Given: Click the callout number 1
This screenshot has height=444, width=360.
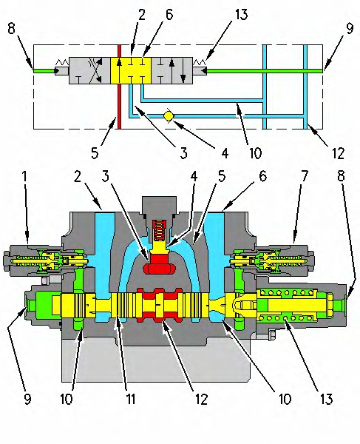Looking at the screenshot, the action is click(x=24, y=177).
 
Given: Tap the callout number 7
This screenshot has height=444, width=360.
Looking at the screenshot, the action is click(x=304, y=177).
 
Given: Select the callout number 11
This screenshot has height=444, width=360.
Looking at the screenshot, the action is click(x=130, y=400).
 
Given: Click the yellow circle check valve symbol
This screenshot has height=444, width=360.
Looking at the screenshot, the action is click(x=169, y=116).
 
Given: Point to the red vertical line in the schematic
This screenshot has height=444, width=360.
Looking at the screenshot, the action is click(x=119, y=87).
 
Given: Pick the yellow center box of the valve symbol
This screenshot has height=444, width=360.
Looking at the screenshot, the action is click(x=131, y=70).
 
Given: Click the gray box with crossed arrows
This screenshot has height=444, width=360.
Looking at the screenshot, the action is click(x=89, y=70).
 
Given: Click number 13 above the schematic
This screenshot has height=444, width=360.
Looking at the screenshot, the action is click(x=241, y=15).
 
